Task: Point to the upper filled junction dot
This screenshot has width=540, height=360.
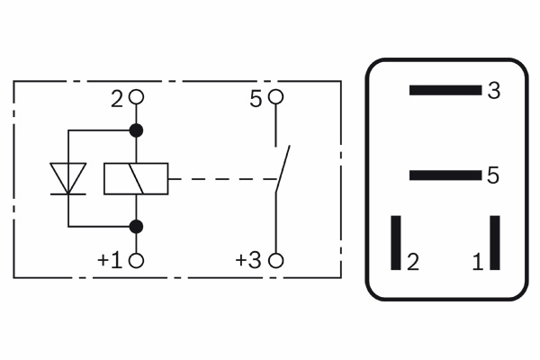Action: [136, 130]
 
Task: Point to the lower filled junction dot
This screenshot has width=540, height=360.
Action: [136, 226]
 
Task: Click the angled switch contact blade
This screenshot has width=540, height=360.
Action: [283, 169]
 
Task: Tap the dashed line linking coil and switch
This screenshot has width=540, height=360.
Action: [223, 179]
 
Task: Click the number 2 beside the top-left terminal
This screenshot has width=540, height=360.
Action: [117, 99]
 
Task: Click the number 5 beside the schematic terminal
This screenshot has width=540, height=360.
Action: [256, 99]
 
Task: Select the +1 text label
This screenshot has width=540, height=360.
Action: [110, 260]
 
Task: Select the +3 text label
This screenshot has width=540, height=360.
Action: [248, 260]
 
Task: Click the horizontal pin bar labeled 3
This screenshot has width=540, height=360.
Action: [445, 90]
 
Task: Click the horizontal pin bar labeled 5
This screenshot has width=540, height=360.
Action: [445, 175]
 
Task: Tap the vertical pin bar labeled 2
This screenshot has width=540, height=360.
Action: [396, 243]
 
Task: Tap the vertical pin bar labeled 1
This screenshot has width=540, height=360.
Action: [495, 243]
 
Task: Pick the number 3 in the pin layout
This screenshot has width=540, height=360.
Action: [494, 91]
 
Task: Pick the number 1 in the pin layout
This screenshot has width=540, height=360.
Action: [478, 262]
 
